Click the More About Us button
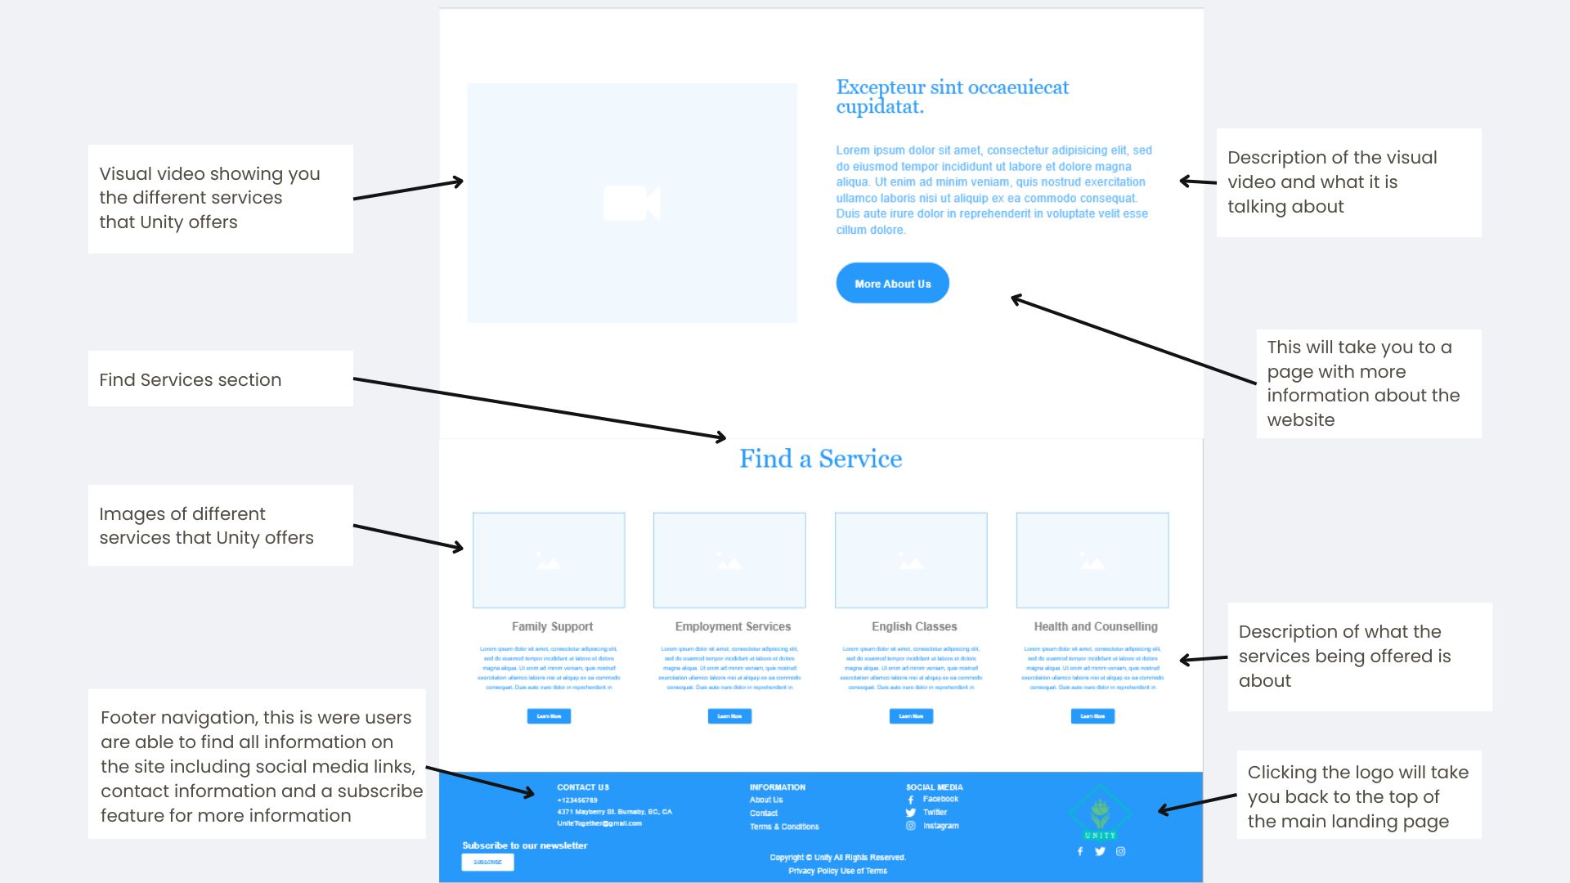pyautogui.click(x=892, y=284)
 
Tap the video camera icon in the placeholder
pyautogui.click(x=631, y=203)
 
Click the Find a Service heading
pyautogui.click(x=820, y=459)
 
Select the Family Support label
pyautogui.click(x=552, y=626)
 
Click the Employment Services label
pyautogui.click(x=733, y=626)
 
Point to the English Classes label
pyautogui.click(x=913, y=626)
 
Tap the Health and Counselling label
pyautogui.click(x=1095, y=626)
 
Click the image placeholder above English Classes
pyautogui.click(x=911, y=561)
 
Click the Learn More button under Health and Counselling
pyautogui.click(x=1092, y=716)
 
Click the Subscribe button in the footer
pyautogui.click(x=487, y=862)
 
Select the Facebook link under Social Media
pyautogui.click(x=940, y=799)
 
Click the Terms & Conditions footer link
pyautogui.click(x=783, y=827)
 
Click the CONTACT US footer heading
pyautogui.click(x=583, y=787)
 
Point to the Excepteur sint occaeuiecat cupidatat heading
pyautogui.click(x=951, y=96)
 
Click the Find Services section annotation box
pyautogui.click(x=220, y=379)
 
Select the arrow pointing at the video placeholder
pyautogui.click(x=408, y=190)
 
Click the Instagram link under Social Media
pyautogui.click(x=940, y=826)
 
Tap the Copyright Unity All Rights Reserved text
pyautogui.click(x=837, y=858)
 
